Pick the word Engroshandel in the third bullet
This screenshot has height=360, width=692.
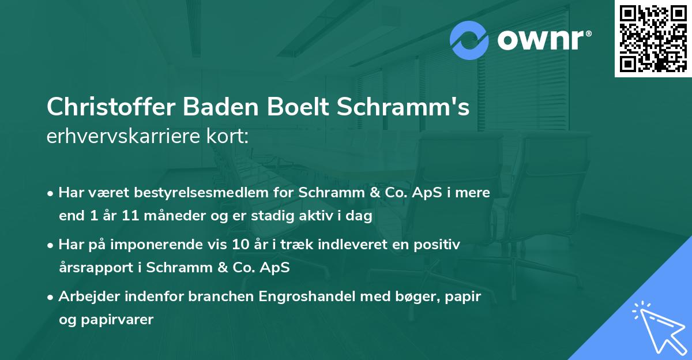312,297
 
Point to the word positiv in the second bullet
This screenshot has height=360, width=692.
440,245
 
